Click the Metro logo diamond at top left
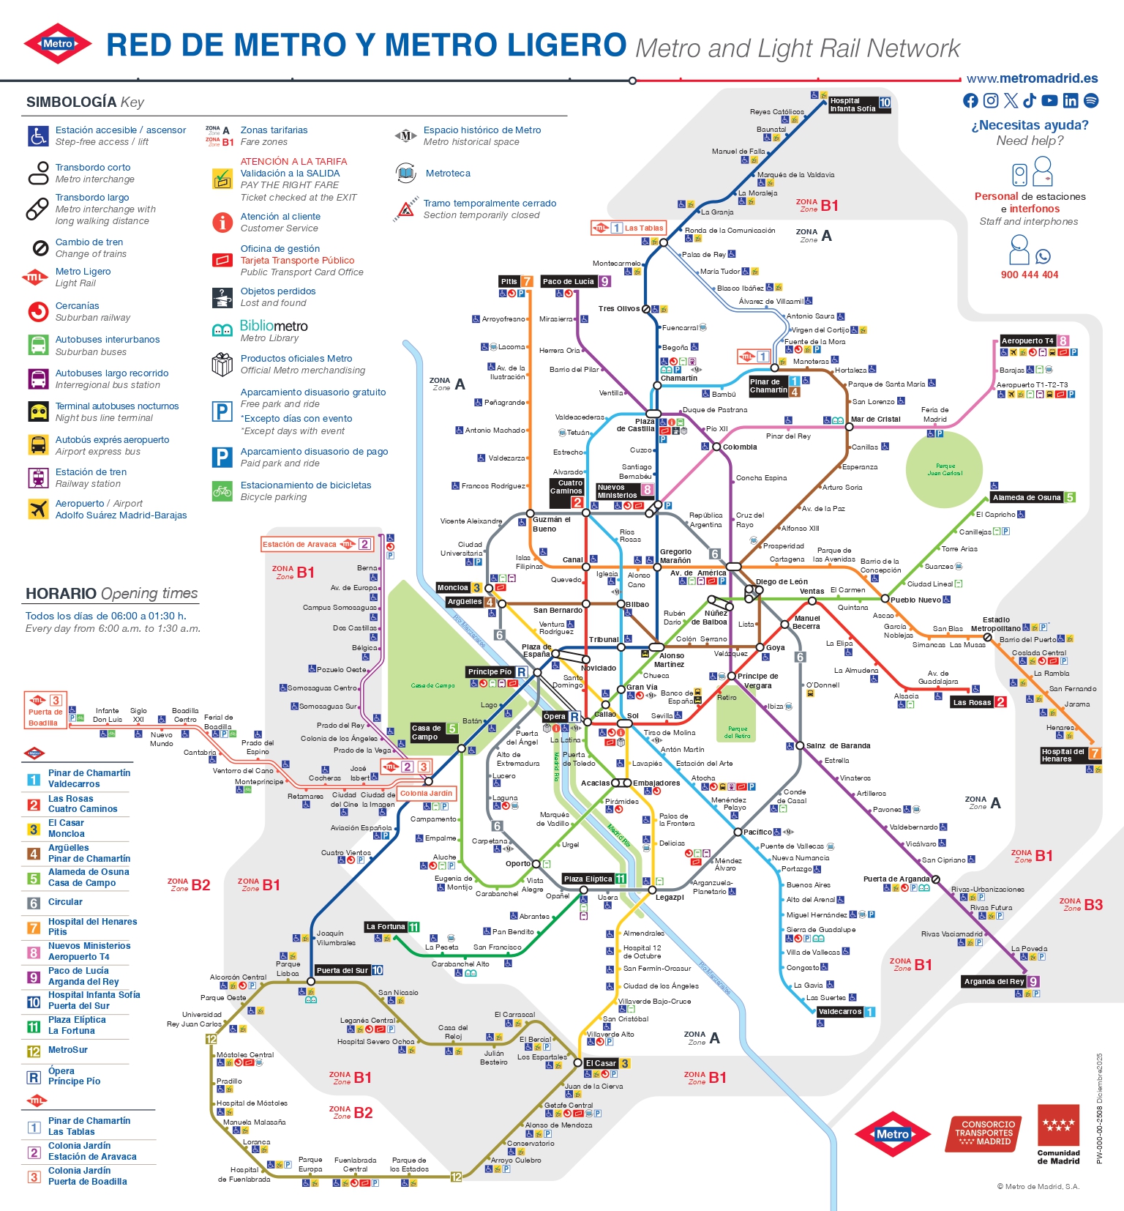pyautogui.click(x=58, y=44)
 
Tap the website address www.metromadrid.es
pyautogui.click(x=1032, y=78)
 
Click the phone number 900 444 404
pyautogui.click(x=1030, y=275)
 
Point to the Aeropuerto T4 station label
pyautogui.click(x=1027, y=340)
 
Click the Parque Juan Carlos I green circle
pyautogui.click(x=945, y=469)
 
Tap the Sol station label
pyautogui.click(x=633, y=715)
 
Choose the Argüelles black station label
pyautogui.click(x=465, y=602)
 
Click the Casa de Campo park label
pyautogui.click(x=432, y=685)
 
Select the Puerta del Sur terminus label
pyautogui.click(x=342, y=970)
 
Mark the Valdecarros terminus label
pyautogui.click(x=840, y=1011)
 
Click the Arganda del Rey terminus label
pyautogui.click(x=994, y=981)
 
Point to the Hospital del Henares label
pyautogui.click(x=1063, y=755)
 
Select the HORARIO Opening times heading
pyautogui.click(x=111, y=593)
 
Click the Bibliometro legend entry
pyautogui.click(x=274, y=326)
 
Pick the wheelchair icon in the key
pyautogui.click(x=38, y=135)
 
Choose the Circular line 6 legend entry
pyautogui.click(x=65, y=902)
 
